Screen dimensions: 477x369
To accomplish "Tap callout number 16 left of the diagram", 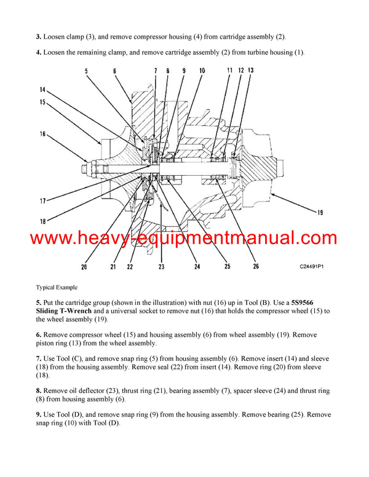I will pyautogui.click(x=42, y=133).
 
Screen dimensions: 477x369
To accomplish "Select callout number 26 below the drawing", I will pyautogui.click(x=255, y=266).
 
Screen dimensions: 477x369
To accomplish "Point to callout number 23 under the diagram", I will pyautogui.click(x=162, y=267).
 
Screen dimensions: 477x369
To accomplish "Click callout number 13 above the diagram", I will pyautogui.click(x=250, y=71).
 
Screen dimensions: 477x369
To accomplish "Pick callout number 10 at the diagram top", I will pyautogui.click(x=202, y=71).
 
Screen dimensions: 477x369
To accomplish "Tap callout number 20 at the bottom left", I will pyautogui.click(x=83, y=267).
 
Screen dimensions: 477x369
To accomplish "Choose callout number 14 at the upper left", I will pyautogui.click(x=42, y=90).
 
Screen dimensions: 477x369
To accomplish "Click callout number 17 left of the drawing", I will pyautogui.click(x=42, y=200).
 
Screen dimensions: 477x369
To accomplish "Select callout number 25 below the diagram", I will pyautogui.click(x=227, y=266).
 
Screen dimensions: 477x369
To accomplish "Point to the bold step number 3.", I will pyautogui.click(x=39, y=37).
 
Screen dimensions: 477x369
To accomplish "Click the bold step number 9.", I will pyautogui.click(x=39, y=415).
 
